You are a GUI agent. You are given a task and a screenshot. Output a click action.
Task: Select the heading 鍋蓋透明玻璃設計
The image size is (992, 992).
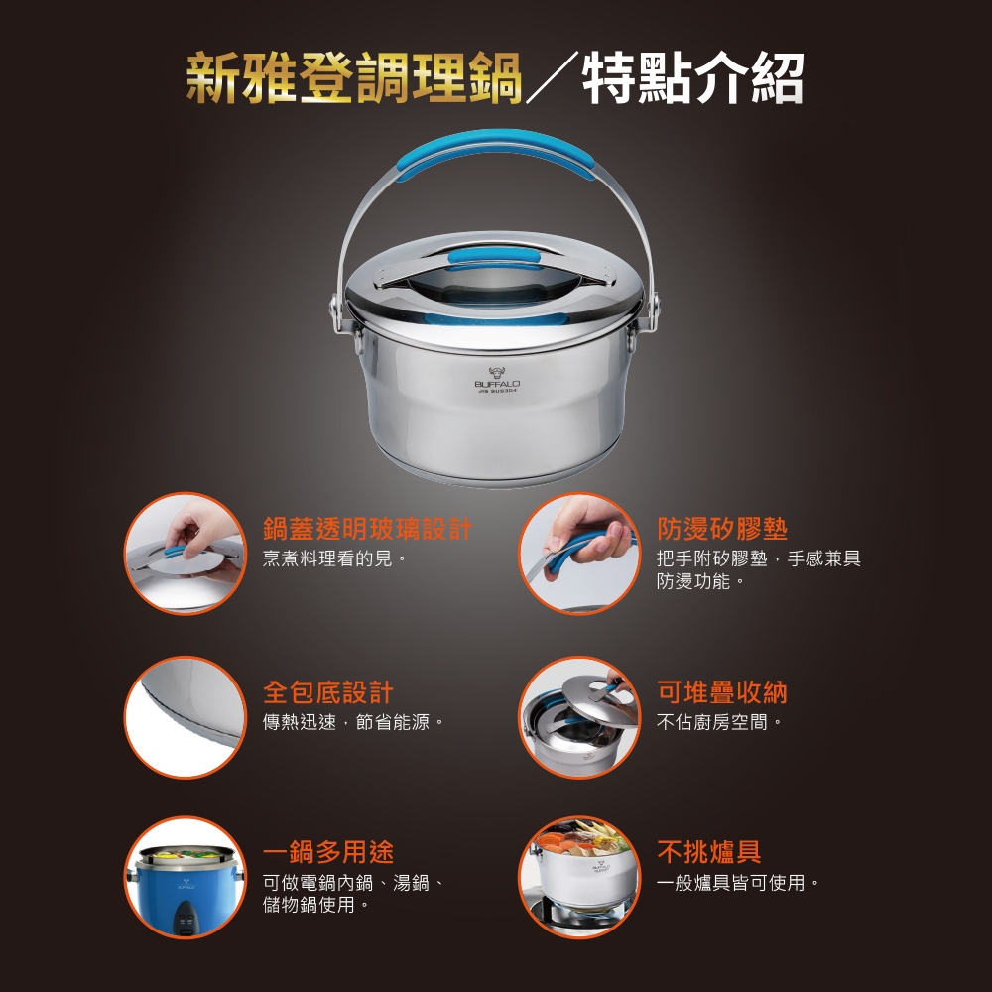pos(368,529)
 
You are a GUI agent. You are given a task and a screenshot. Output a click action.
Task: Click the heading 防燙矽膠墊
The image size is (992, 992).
pos(722,529)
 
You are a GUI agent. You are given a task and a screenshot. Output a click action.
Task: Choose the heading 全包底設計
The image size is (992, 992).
pos(327,692)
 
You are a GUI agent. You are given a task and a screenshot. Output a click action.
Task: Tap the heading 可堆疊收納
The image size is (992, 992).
pos(722,692)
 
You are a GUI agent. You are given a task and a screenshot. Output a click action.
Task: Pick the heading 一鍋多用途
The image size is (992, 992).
pos(327,852)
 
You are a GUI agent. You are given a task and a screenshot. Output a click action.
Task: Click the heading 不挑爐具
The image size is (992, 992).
pos(708,852)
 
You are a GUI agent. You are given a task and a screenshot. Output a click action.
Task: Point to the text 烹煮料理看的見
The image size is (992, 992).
pos(334,558)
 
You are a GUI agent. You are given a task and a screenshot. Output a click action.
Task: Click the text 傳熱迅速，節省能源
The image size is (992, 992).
pos(354,722)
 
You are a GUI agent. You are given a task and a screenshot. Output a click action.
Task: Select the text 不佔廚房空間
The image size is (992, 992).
pos(719,722)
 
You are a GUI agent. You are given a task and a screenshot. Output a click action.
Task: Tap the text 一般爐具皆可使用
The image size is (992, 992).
pos(738,882)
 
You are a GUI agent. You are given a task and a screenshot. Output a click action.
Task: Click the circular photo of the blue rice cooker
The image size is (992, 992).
pos(185,878)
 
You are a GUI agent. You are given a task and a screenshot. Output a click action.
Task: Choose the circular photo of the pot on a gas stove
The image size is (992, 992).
pos(579,878)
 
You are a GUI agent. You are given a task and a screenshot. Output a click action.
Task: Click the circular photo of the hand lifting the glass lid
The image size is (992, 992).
pos(185,554)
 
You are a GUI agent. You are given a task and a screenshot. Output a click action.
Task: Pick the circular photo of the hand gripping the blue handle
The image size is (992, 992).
pos(579,554)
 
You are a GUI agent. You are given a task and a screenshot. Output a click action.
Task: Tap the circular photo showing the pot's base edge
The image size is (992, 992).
pos(185,717)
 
